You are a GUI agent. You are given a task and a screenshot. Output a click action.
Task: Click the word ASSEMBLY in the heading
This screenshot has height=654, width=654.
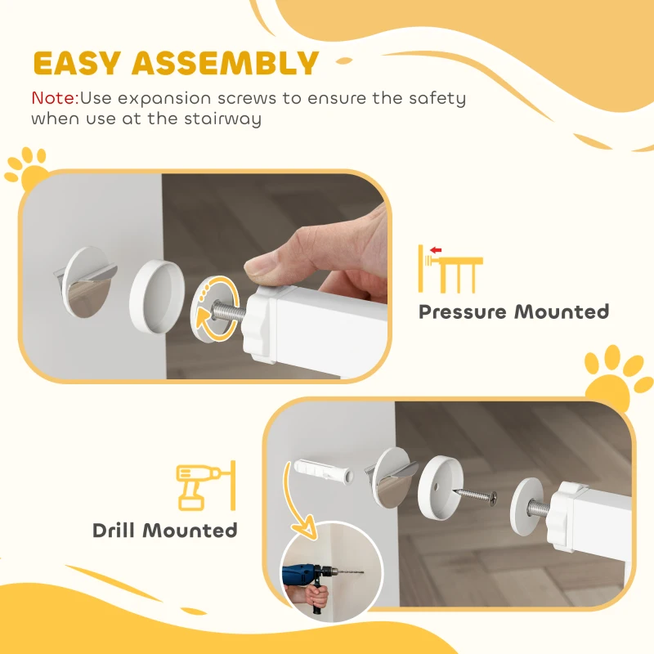(226, 64)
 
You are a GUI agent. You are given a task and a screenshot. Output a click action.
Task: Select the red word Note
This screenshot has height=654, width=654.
(54, 99)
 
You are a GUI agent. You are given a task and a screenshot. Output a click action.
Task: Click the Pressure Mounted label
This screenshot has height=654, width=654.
(513, 311)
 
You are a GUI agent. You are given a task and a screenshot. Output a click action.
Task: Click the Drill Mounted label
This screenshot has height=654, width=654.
(164, 531)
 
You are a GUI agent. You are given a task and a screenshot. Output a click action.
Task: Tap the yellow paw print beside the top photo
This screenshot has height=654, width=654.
(27, 167)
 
